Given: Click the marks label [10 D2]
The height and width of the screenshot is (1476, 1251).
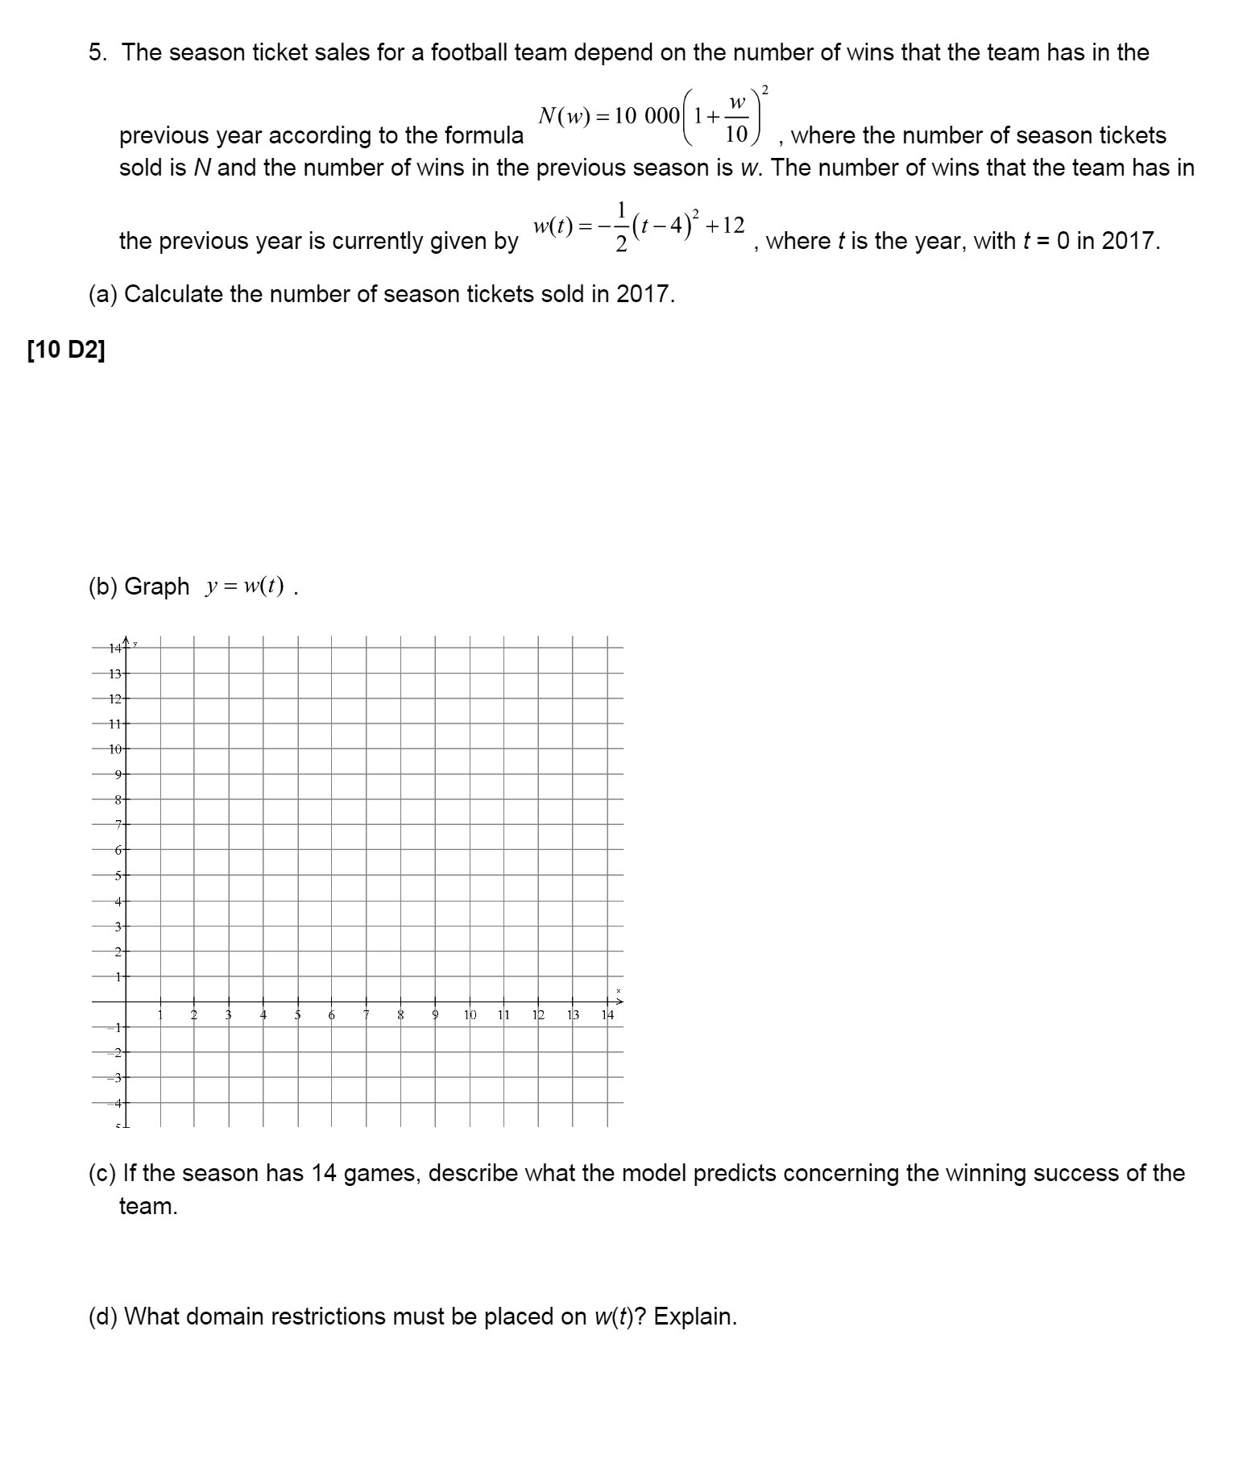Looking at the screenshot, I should point(66,351).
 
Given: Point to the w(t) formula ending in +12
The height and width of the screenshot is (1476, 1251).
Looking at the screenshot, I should point(638,228).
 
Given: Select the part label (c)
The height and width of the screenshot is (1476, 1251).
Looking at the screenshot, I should point(101,1173).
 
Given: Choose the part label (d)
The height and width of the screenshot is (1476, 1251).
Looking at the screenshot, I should point(103,1316).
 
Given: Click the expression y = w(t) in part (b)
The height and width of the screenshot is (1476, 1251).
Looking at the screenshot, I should point(245,587).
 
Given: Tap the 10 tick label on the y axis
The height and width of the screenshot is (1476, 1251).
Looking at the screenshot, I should point(115,749).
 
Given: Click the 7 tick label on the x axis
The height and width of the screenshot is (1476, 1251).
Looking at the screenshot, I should point(366,1014).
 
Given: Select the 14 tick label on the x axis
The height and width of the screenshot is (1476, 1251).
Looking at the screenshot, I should point(607,1014).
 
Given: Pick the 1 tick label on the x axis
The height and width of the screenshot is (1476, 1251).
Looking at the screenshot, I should point(160,1014).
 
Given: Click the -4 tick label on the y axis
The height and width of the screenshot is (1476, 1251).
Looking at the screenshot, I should point(117,1102).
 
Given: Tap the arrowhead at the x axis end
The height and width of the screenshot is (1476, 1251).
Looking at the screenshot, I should point(619,1001).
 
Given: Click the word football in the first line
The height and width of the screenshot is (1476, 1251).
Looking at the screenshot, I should point(469,53).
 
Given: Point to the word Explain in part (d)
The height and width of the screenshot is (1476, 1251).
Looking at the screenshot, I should point(694,1316).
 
